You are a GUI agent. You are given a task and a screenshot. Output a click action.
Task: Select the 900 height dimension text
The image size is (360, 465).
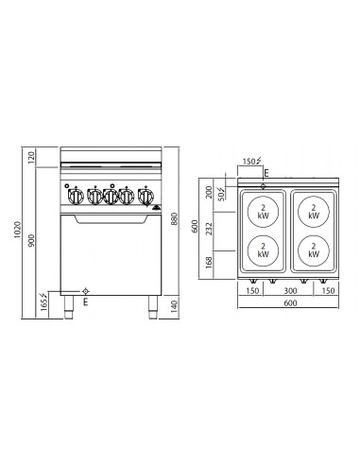[x=36, y=242]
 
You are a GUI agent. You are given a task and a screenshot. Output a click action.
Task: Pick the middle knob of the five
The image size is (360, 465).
[x=111, y=197]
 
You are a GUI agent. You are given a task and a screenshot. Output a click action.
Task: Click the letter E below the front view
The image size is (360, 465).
[x=85, y=303]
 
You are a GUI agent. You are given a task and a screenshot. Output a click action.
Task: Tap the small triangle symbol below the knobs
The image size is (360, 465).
[x=156, y=210]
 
